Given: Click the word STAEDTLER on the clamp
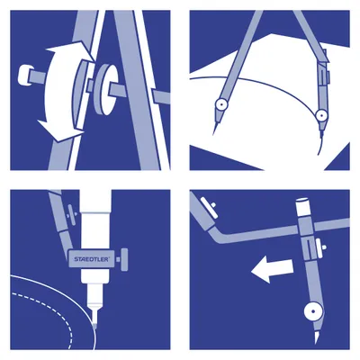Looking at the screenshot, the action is (92, 259).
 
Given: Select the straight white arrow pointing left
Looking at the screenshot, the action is (272, 270).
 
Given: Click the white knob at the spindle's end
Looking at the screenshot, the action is (23, 75).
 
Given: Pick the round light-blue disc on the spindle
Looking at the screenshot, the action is (104, 89).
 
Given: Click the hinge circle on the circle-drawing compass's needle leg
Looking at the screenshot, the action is (221, 103).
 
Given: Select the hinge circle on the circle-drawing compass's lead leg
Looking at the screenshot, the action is (321, 115).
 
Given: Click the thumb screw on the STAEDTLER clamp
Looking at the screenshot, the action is (122, 259).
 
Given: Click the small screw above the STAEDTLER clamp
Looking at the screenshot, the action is (71, 212).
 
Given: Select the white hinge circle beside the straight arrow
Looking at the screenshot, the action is (314, 311).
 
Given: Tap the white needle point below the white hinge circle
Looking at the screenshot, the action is (317, 336).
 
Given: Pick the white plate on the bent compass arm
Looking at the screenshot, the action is (209, 207).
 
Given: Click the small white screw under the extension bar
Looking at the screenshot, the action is (323, 247).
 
